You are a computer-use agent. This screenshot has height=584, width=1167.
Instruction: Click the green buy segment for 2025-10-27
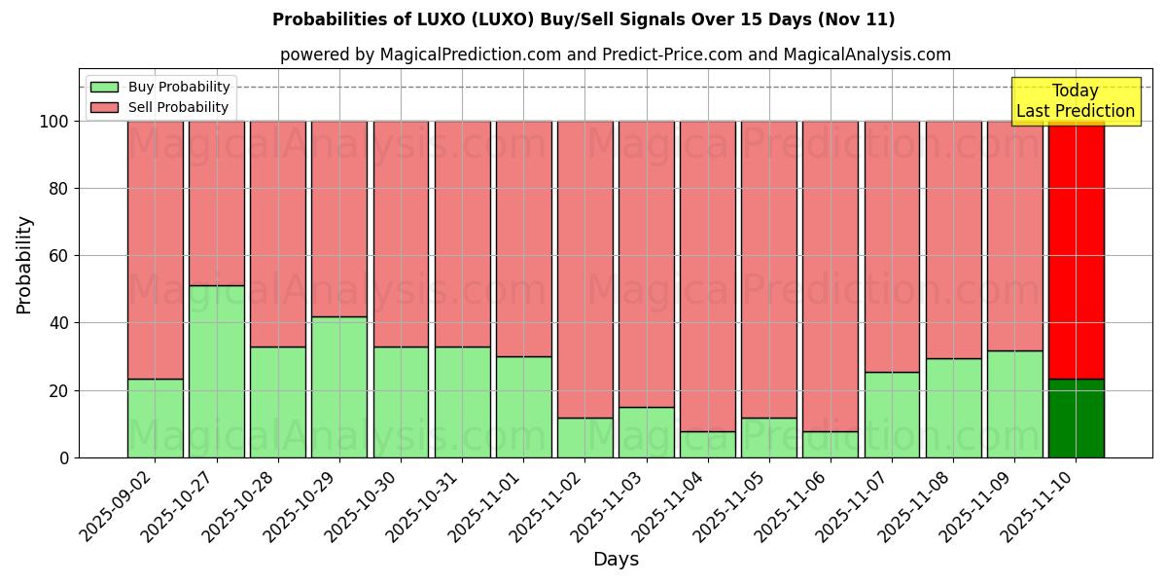tap(217, 371)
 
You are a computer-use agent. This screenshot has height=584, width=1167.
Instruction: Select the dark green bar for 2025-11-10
tap(1077, 418)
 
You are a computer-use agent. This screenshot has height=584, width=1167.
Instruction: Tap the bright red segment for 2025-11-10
tap(1077, 249)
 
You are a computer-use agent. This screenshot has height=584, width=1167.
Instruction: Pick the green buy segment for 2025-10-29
tap(339, 386)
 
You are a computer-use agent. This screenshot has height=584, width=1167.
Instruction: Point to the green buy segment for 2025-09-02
tap(156, 418)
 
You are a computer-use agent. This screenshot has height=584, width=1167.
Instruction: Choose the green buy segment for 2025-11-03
tap(647, 432)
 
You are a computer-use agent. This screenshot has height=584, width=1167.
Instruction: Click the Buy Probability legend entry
tap(179, 87)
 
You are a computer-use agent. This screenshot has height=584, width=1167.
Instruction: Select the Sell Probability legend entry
tap(178, 107)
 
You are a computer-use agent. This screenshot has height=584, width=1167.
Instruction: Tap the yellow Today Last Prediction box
tap(1076, 101)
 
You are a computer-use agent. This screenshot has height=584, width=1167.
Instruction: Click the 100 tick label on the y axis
tap(53, 122)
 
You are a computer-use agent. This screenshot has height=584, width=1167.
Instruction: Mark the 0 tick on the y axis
tap(64, 457)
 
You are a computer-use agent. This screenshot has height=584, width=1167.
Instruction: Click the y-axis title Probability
tap(24, 265)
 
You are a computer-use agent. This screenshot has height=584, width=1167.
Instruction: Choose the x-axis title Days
tap(616, 560)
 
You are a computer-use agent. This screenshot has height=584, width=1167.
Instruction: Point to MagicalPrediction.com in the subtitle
tap(471, 55)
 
